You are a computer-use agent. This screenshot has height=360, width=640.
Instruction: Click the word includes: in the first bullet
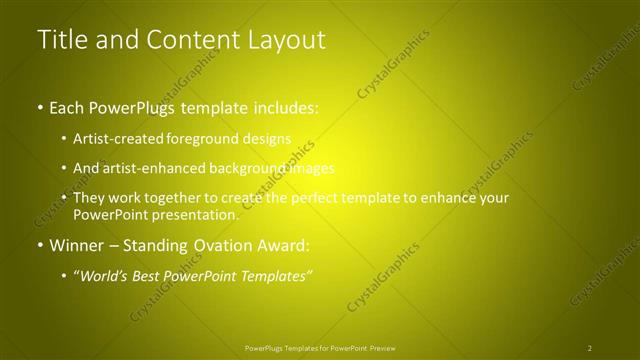click(282, 107)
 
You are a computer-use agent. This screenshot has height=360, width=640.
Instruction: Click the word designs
click(267, 139)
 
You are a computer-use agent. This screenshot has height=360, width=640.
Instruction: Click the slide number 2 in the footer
click(590, 347)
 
